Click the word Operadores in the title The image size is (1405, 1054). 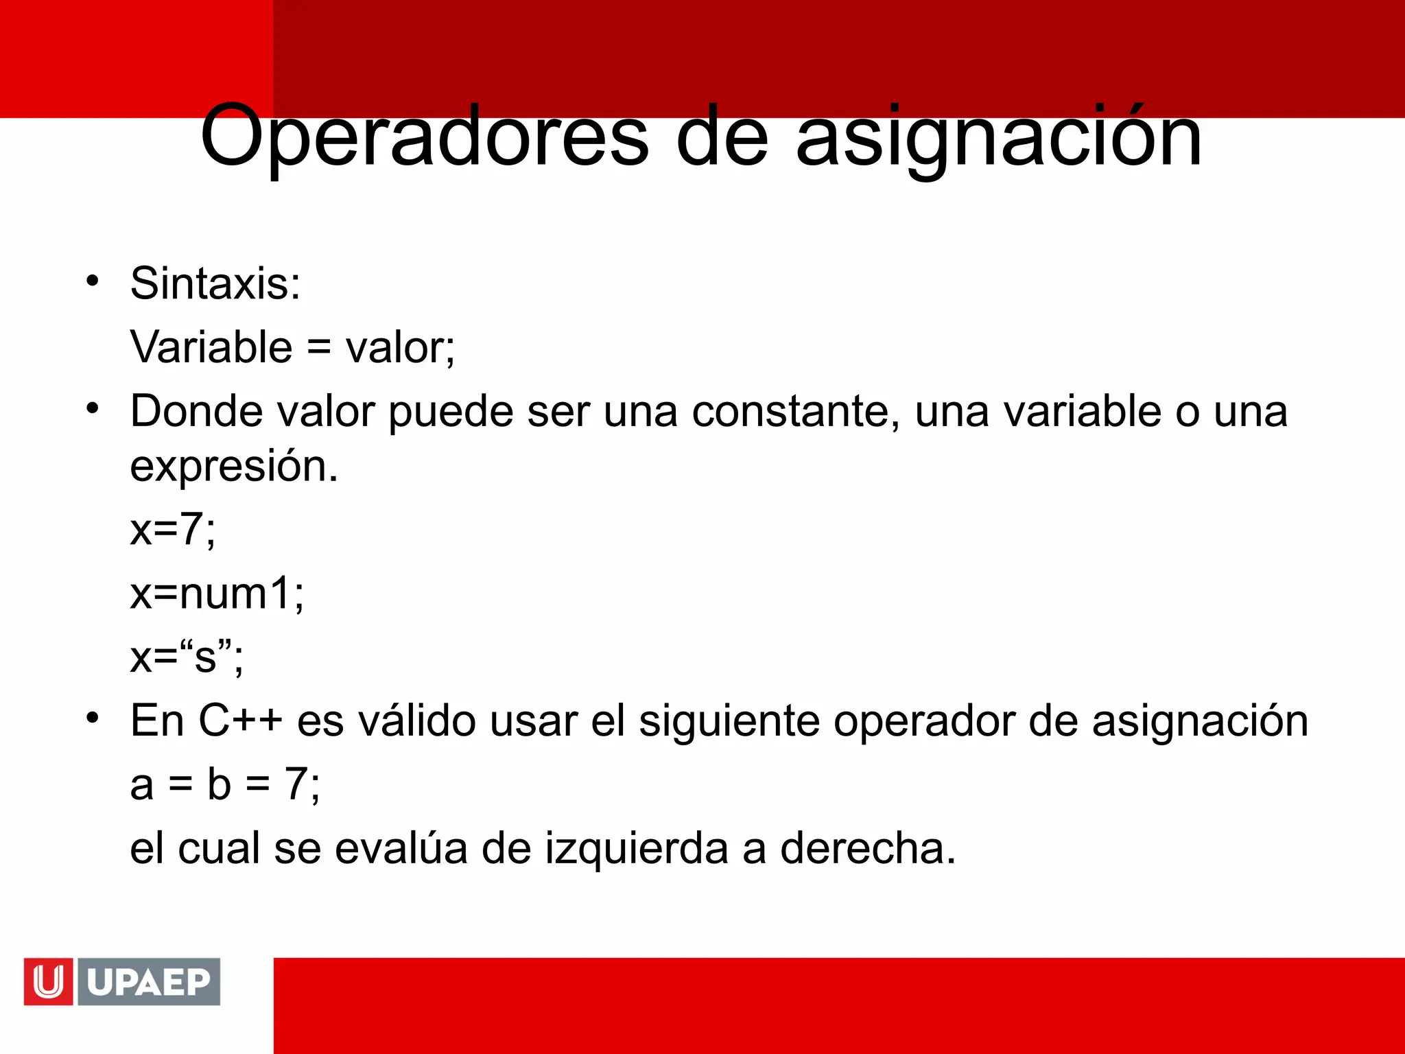tap(424, 137)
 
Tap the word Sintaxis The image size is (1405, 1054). tap(215, 283)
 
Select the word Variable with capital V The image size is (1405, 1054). tap(211, 347)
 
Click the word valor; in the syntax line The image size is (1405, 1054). tap(400, 347)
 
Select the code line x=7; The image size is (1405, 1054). tap(173, 530)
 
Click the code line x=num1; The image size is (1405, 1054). tap(217, 593)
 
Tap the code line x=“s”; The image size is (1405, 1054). tap(187, 657)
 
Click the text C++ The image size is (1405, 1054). tap(240, 721)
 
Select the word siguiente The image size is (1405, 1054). tap(729, 721)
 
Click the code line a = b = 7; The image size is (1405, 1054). tap(225, 784)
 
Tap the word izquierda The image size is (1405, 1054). tap(637, 848)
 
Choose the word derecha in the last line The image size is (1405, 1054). tap(867, 848)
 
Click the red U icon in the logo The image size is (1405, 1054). tap(48, 981)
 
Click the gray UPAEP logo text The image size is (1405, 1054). tap(149, 981)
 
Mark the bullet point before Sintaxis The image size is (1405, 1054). tap(93, 281)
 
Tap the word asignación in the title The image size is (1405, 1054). tap(998, 137)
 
